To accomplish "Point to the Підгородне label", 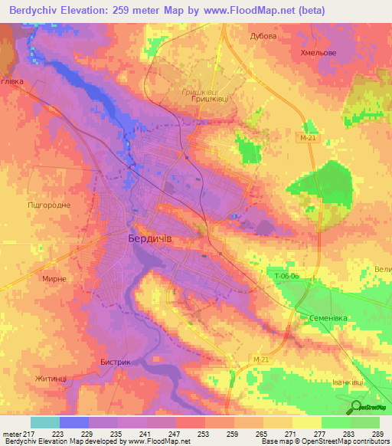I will [x=49, y=205].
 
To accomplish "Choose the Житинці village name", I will [x=51, y=378].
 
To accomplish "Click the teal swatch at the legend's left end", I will [x=45, y=422].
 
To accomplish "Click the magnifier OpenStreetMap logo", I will [x=358, y=407].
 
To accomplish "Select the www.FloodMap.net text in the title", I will [x=240, y=11].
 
